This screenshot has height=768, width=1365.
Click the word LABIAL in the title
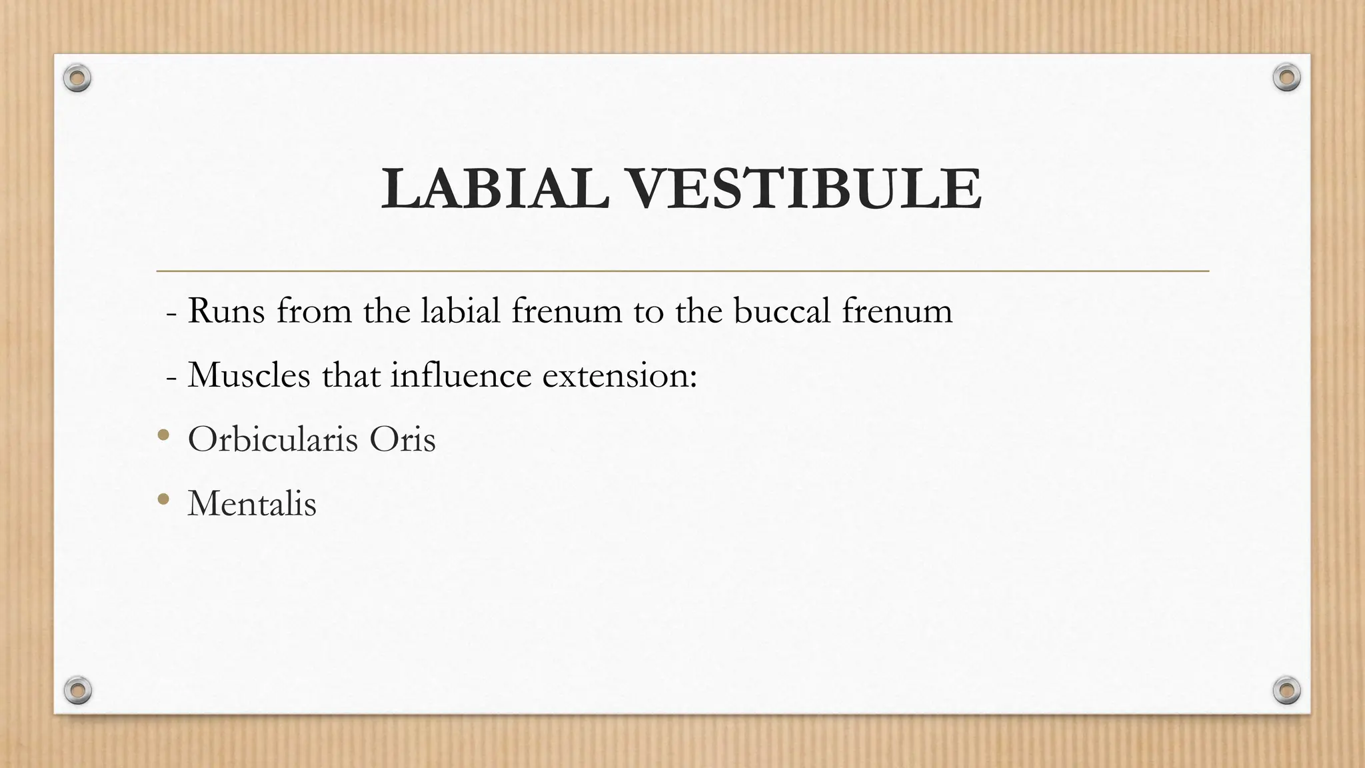click(495, 189)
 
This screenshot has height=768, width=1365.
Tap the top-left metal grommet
click(77, 79)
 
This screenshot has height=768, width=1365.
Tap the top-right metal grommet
click(1286, 78)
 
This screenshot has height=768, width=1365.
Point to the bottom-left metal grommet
click(77, 690)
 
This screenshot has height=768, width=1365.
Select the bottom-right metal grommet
click(1286, 690)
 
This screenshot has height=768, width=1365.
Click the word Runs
click(227, 311)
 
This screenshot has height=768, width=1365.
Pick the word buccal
click(781, 311)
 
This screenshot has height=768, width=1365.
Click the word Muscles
click(249, 375)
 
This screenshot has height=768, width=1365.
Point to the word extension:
click(619, 375)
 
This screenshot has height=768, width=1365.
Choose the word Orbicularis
click(273, 439)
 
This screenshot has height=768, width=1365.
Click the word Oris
click(402, 439)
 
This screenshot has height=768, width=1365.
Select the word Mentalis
click(252, 503)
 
